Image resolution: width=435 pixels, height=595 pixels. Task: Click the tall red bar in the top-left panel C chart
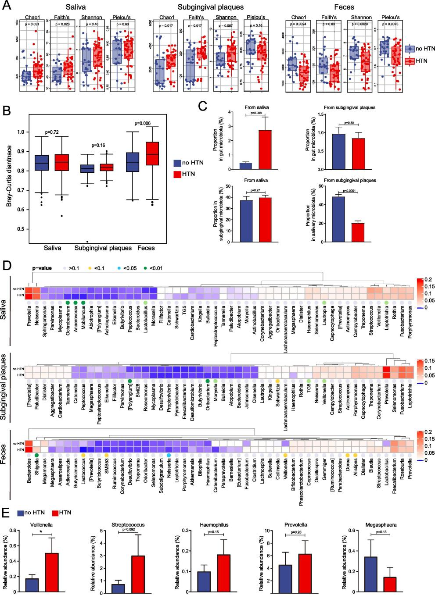[265, 150]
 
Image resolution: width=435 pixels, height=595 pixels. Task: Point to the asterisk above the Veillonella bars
[42, 531]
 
